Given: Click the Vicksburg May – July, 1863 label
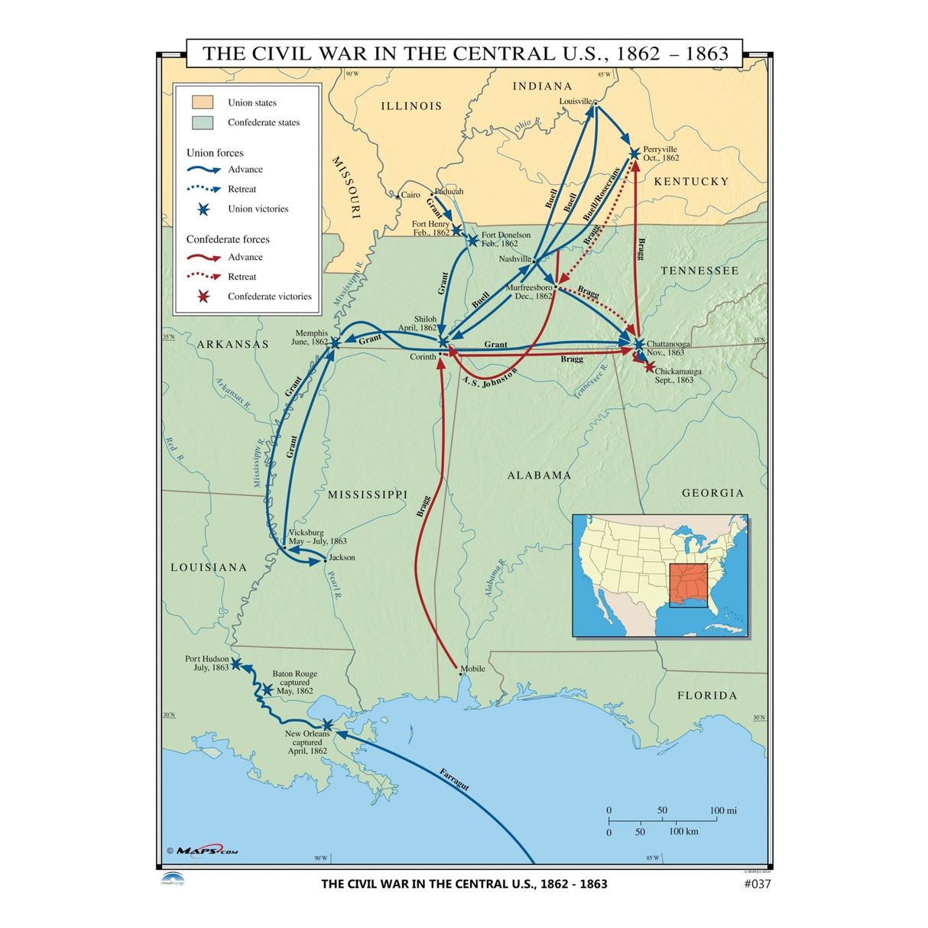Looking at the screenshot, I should tap(316, 537).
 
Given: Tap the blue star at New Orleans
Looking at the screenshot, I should tap(327, 725).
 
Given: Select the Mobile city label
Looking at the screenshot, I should tap(472, 669).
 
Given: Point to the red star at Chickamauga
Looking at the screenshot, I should tap(650, 367).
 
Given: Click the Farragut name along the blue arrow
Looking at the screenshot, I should tap(454, 780).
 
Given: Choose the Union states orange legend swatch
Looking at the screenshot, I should tap(203, 102).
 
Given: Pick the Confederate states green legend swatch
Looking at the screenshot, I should tap(203, 122).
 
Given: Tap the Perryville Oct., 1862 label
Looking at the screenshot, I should tap(660, 154).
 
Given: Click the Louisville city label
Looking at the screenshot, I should tap(575, 102).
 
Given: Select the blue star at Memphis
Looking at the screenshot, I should tap(334, 343).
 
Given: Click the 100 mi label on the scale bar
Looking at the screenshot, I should tap(723, 810).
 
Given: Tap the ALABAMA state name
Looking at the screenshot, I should tap(539, 475).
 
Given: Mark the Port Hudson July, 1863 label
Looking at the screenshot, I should tap(207, 663).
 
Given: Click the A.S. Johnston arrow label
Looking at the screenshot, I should tap(489, 377).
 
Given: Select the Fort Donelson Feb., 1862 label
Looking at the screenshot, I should tap(505, 239).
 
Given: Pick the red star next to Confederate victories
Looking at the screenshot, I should tap(203, 297).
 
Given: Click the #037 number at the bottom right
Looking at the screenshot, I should tap(757, 884).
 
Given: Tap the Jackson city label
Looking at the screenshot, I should tap(342, 557).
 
